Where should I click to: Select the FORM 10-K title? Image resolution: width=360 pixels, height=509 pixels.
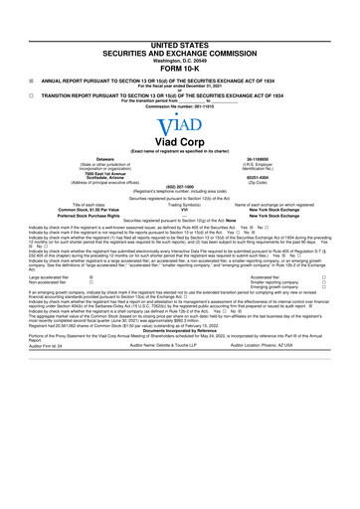click(x=180, y=68)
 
